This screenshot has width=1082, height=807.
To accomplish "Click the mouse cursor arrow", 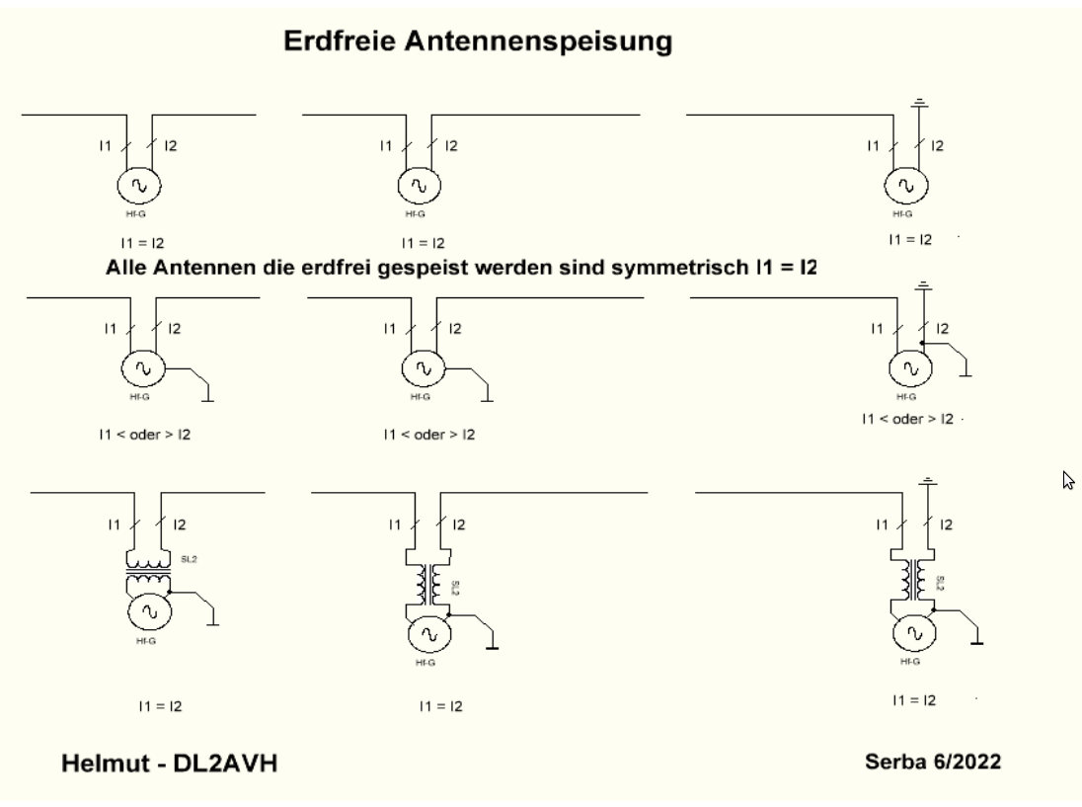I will coord(1066,480).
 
